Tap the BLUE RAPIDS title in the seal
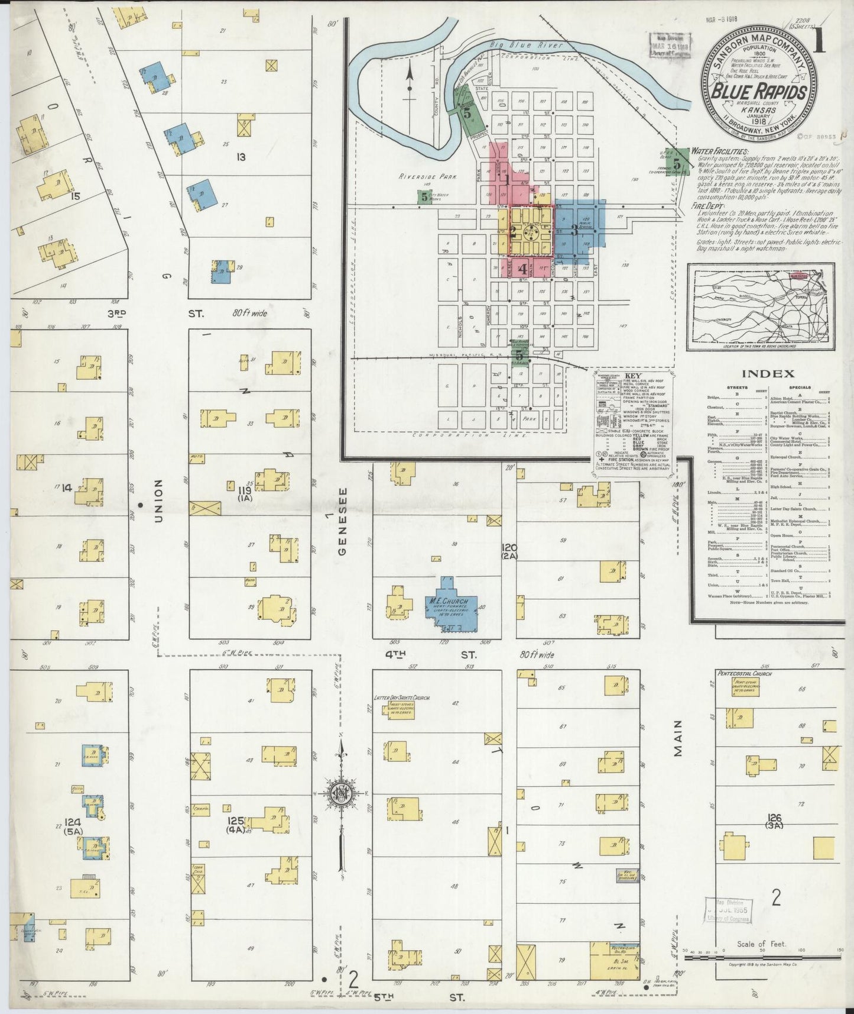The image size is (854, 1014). point(759,93)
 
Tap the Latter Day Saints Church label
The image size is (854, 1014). point(402,698)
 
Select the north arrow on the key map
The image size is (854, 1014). point(409,86)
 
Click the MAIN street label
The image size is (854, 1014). point(678,737)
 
